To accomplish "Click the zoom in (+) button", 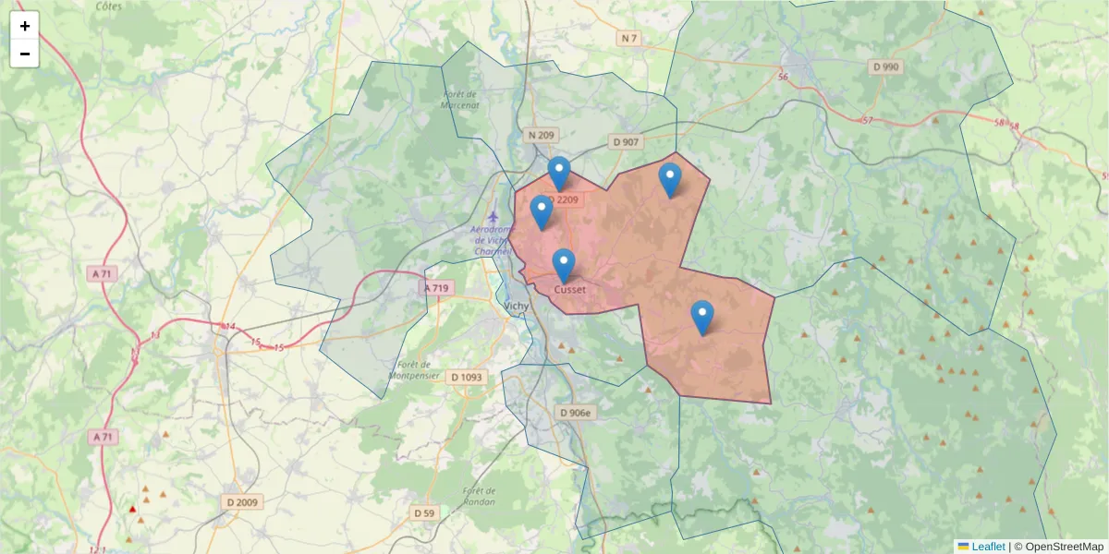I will coord(24,26).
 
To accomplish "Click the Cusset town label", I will coord(569,289).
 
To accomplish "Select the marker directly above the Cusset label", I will coord(564,266).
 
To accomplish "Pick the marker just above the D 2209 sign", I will coord(559,173).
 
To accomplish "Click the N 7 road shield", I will coord(629,38).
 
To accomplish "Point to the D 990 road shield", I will coord(885,66).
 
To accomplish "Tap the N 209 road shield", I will coord(541,136).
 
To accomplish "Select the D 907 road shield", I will coord(626,141).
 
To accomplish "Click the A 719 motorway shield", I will coord(436,288).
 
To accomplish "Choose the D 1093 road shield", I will coord(467,377).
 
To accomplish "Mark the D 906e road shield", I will coord(575,413).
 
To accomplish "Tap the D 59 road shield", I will coord(424,512).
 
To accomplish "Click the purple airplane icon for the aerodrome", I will coord(492,215).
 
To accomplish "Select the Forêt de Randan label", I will coord(479,496).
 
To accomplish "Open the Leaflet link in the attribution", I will coord(988,547).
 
